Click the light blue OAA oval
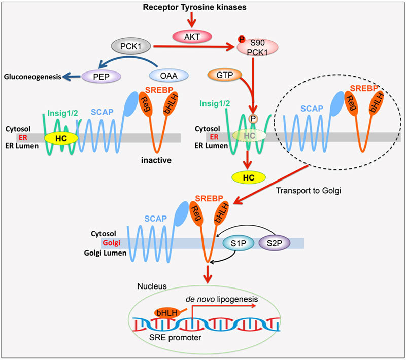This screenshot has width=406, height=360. point(169,76)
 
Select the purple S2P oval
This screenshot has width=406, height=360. point(274,243)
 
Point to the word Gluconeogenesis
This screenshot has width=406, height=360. point(33,77)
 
